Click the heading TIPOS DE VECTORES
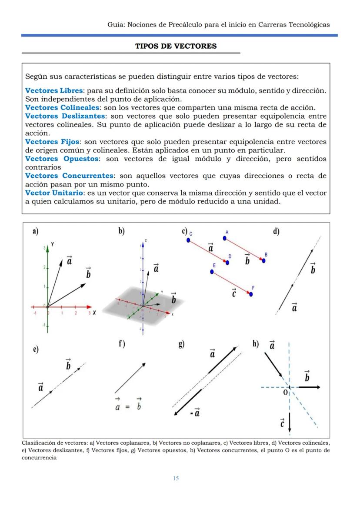(176, 46)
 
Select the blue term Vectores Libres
(53, 90)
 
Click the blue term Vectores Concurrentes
(69, 176)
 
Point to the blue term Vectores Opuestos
(62, 159)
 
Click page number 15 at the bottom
(176, 478)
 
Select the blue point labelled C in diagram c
(188, 240)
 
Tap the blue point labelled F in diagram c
(251, 294)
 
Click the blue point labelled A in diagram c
(225, 238)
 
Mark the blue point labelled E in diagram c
(212, 272)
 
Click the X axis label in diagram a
(94, 313)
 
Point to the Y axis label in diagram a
(52, 244)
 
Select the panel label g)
(181, 344)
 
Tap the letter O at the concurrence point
(285, 393)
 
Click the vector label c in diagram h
(282, 423)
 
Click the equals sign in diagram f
(127, 407)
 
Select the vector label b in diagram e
(68, 365)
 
